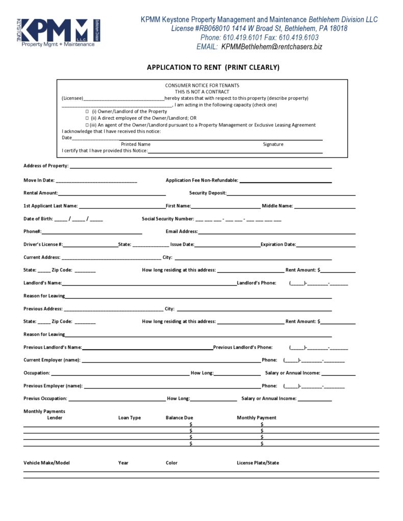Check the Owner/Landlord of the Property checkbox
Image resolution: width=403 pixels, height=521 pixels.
pos(87,111)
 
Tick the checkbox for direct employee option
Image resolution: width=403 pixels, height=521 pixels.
pos(87,118)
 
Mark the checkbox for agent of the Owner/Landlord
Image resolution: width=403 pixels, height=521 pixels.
pos(87,125)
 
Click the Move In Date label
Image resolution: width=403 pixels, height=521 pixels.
pos(39,180)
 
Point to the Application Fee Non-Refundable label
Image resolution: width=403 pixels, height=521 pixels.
pos(202,180)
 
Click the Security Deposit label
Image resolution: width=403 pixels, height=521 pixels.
pos(208,193)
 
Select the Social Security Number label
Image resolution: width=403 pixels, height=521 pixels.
pos(168,219)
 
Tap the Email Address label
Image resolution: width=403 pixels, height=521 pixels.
pos(182,231)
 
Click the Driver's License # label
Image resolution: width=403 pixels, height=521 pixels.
pos(43,244)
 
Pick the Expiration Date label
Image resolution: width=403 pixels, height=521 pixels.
pos(278,244)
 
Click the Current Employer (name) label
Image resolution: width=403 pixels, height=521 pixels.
pos(52,360)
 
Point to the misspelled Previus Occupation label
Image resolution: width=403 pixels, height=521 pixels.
pos(45,398)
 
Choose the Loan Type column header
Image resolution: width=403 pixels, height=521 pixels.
pos(130,418)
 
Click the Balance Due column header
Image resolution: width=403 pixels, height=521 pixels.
pos(179,418)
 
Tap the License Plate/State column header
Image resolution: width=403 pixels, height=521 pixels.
pos(258,463)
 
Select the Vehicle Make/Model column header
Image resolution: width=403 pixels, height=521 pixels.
pos(46,463)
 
